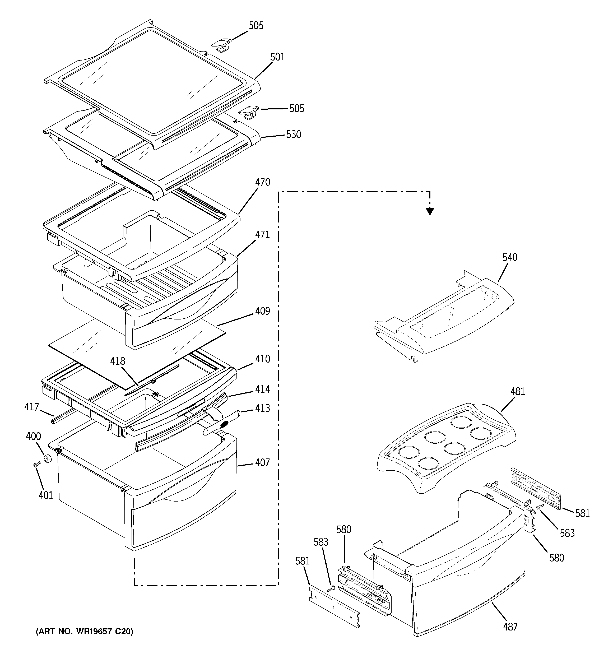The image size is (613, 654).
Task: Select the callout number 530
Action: click(294, 134)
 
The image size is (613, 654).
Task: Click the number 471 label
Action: click(262, 235)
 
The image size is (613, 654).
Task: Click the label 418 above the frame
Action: click(118, 361)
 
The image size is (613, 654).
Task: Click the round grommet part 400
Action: click(48, 458)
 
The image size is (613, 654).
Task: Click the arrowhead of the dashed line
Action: click(430, 212)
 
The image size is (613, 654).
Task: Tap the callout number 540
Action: click(510, 258)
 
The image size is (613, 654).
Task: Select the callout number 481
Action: click(518, 392)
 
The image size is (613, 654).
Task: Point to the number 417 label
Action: click(32, 407)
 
